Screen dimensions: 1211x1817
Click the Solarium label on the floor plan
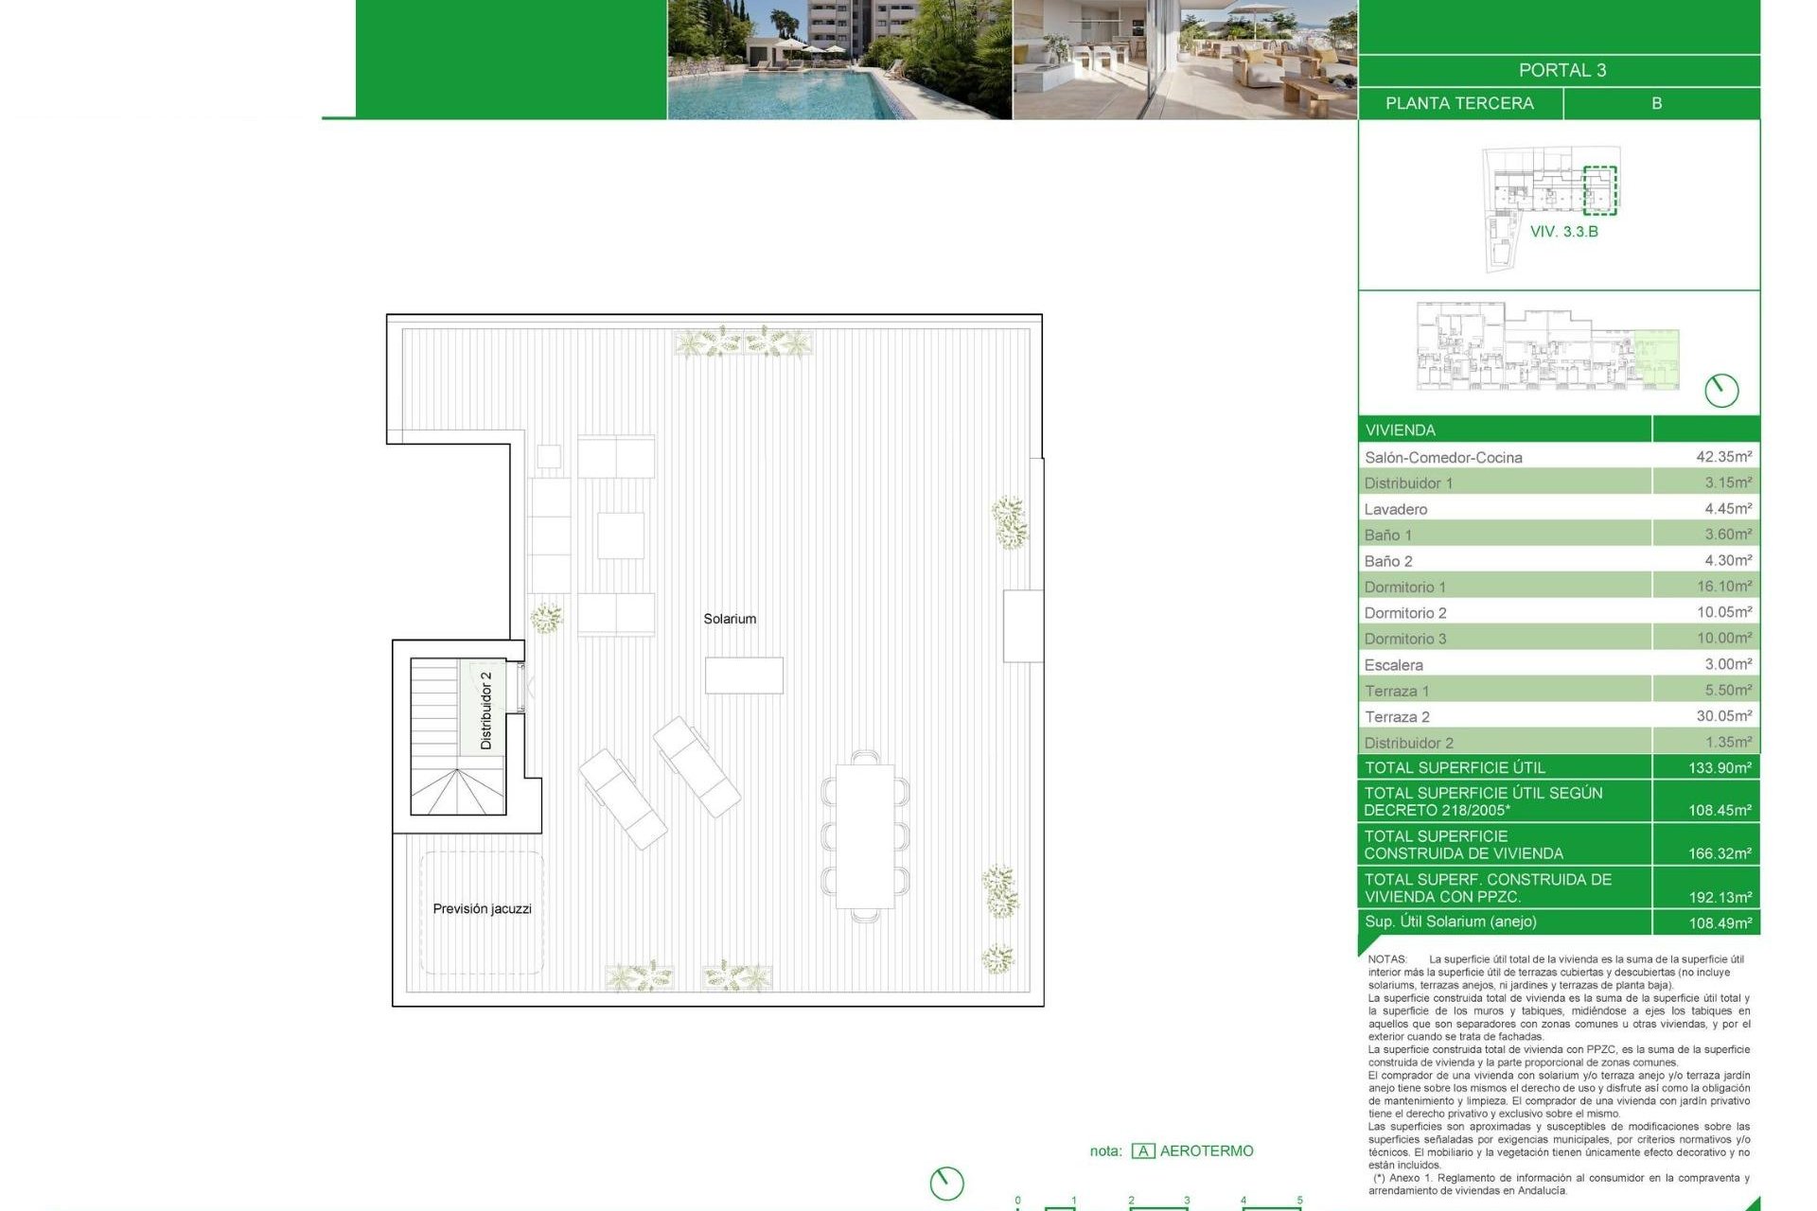point(730,619)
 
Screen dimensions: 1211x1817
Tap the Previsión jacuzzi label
point(482,908)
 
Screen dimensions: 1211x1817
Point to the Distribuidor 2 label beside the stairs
point(486,711)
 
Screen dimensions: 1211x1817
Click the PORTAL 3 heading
point(1561,70)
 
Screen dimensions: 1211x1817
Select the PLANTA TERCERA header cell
point(1459,103)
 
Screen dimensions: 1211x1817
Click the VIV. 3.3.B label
point(1563,232)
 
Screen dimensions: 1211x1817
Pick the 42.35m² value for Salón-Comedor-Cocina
point(1723,456)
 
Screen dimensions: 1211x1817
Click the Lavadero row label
point(1396,509)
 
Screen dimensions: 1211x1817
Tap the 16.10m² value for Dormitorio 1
point(1723,587)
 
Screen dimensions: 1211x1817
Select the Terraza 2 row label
point(1397,717)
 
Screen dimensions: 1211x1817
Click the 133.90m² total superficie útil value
point(1720,767)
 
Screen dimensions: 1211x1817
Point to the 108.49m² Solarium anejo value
point(1720,922)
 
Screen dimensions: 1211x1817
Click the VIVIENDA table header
point(1401,430)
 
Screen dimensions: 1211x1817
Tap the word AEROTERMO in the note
point(1207,1150)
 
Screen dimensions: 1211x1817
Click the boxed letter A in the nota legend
point(1143,1151)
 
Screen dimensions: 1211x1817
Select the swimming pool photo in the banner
point(839,60)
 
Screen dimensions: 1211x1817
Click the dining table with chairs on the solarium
point(865,836)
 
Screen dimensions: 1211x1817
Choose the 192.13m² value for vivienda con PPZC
point(1720,897)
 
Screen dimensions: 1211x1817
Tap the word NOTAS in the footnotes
point(1387,959)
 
